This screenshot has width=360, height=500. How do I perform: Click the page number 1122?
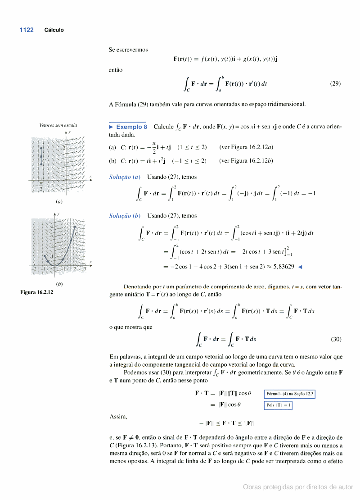click(27, 30)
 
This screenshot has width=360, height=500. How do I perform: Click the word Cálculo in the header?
click(54, 30)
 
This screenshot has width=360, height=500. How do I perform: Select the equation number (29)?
click(335, 83)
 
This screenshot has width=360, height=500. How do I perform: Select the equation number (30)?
click(335, 339)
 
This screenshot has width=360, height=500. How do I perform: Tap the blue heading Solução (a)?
click(125, 177)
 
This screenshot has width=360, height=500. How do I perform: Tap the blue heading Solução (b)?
click(125, 216)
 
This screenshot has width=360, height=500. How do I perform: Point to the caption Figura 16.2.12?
click(37, 292)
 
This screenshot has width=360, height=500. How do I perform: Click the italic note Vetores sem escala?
click(58, 125)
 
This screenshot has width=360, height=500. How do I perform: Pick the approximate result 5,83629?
click(281, 266)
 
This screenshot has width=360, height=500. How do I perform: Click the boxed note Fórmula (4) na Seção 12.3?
click(290, 394)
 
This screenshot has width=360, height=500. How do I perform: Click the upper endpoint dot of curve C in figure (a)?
click(41, 149)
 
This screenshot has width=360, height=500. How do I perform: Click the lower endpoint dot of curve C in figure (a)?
click(41, 164)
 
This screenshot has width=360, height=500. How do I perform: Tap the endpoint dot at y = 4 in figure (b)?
click(74, 227)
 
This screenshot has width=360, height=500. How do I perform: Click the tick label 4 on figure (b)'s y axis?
click(52, 227)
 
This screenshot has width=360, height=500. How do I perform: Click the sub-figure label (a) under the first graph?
click(59, 202)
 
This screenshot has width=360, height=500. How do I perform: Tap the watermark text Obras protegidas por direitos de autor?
click(298, 487)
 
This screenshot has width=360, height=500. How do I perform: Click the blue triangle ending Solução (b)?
click(300, 267)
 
